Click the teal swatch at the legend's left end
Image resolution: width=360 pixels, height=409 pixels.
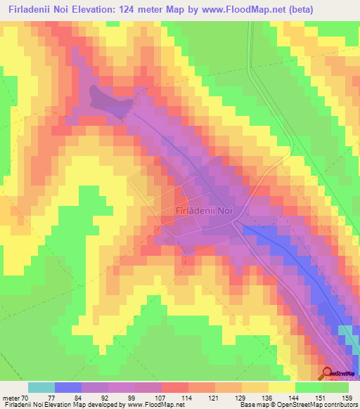click(41, 387)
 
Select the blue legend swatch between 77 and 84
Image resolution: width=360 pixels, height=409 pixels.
click(68, 387)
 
